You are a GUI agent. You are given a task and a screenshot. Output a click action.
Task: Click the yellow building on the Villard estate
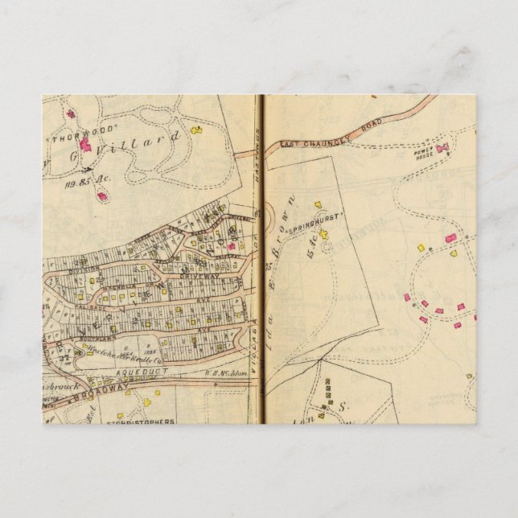coord(196,129)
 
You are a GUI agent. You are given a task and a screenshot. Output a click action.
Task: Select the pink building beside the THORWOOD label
coord(84,145)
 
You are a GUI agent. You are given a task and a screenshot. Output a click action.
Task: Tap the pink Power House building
coord(442,148)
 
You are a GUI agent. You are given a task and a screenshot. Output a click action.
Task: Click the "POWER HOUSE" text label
coord(424,151)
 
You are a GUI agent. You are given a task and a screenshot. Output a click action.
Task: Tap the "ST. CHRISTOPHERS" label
coord(141,421)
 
